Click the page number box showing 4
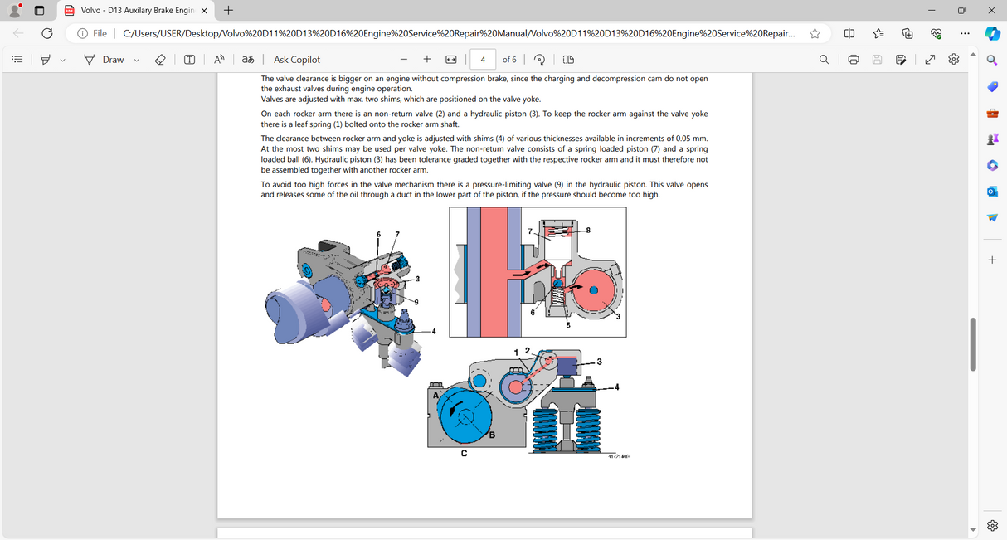pos(483,60)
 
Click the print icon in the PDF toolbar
pos(853,60)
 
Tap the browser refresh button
pos(47,33)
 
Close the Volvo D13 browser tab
pos(204,11)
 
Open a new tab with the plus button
pos(228,11)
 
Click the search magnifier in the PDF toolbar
pos(824,60)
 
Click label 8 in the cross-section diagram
pos(587,230)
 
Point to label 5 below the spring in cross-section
pos(568,324)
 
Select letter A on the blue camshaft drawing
pos(435,396)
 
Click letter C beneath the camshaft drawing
pos(464,453)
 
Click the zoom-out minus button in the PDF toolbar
pos(403,60)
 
